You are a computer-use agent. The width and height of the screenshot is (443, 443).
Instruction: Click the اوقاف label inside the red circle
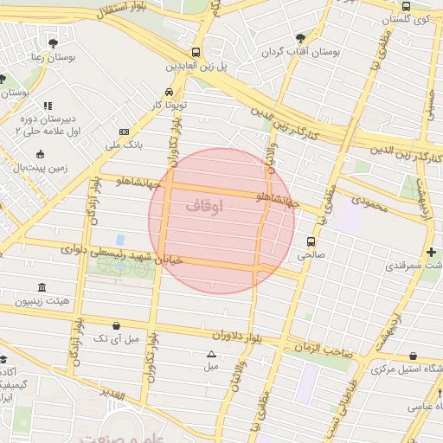tap(204, 207)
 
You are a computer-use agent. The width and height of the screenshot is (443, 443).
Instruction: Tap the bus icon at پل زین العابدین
tap(196, 52)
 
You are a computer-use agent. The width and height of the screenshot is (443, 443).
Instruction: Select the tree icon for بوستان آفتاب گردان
tap(300, 38)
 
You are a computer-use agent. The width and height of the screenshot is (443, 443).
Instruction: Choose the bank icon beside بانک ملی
tap(125, 132)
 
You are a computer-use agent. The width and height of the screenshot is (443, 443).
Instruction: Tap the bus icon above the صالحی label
tap(311, 241)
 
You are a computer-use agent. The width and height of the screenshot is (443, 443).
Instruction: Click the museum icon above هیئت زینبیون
tap(42, 287)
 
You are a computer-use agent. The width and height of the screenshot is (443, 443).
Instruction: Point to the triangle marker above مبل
tap(210, 354)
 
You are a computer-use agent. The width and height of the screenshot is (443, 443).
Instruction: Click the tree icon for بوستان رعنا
tap(53, 42)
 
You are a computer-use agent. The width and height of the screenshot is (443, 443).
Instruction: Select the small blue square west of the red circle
tap(119, 239)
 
